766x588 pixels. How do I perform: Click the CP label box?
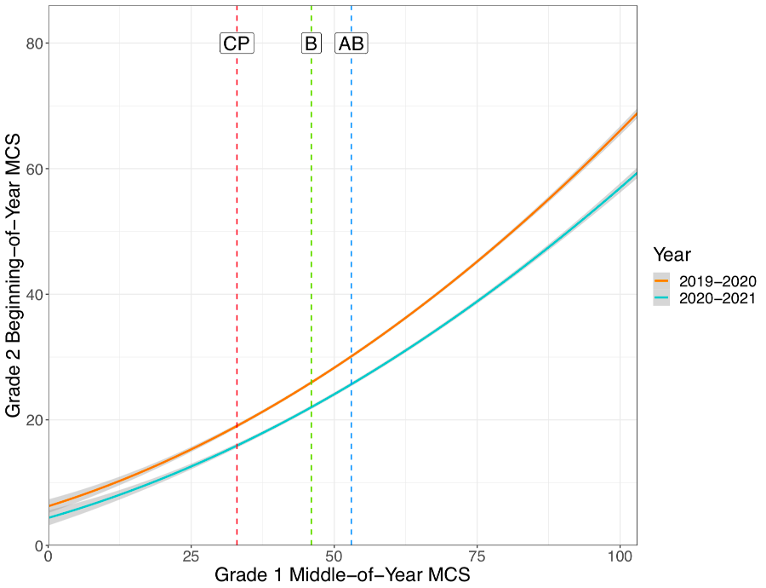237,43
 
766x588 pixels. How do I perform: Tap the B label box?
312,43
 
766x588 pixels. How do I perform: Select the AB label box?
352,43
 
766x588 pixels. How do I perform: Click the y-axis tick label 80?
33,43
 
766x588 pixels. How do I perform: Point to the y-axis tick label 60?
33,169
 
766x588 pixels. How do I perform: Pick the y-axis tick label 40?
33,295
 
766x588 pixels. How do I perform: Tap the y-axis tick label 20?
33,420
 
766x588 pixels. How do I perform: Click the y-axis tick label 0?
37,545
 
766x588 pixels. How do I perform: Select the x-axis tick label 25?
191,558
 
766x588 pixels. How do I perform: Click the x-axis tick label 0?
49,558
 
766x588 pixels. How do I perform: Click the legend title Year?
672,254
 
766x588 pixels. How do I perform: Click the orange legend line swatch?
662,280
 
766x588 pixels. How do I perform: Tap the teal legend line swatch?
662,298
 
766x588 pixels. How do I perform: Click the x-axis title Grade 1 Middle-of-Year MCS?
342,575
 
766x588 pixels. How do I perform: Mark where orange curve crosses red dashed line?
237,425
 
